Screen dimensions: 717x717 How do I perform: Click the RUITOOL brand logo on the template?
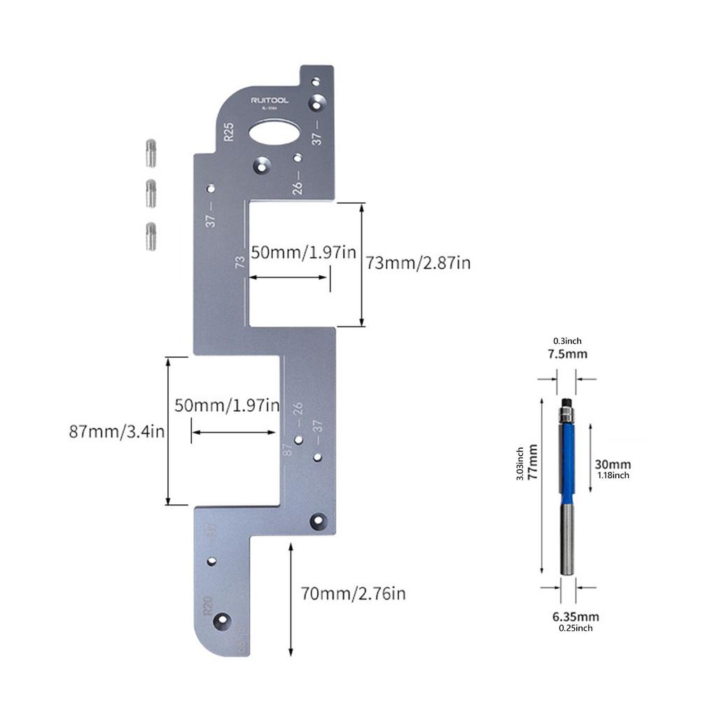270,101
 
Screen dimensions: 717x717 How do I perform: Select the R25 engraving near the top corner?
228,132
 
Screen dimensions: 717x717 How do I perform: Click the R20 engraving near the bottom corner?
207,606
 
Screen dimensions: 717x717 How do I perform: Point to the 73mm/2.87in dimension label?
418,263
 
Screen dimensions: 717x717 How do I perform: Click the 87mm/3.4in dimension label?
116,431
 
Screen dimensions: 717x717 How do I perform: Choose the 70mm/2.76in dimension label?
353,594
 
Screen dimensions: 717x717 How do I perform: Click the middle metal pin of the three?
151,193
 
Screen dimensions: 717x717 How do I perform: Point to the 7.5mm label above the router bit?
567,354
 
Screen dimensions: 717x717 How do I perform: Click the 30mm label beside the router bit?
613,464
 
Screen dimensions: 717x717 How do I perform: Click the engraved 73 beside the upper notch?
240,263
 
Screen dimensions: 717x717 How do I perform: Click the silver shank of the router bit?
567,539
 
